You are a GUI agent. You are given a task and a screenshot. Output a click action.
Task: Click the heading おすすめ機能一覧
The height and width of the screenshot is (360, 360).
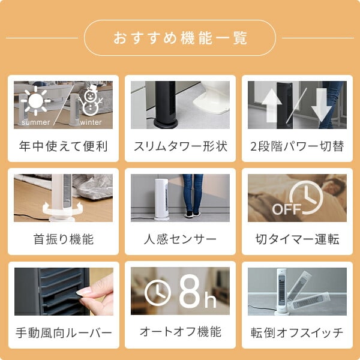tap(180, 38)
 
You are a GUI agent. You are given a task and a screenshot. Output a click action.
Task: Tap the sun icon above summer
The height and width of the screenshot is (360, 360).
tap(35, 101)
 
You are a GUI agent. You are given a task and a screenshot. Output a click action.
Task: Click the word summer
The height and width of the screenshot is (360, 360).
tap(35, 122)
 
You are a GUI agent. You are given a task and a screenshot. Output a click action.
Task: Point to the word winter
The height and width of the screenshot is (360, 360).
tap(91, 122)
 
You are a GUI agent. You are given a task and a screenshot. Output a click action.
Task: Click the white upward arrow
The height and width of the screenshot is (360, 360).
tap(272, 106)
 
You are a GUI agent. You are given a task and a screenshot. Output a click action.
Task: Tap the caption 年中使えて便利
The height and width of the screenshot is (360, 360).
tap(64, 146)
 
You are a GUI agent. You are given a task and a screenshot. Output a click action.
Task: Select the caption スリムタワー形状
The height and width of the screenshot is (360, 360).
tap(181, 146)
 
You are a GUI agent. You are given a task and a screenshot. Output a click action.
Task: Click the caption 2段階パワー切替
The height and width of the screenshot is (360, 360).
tap(297, 146)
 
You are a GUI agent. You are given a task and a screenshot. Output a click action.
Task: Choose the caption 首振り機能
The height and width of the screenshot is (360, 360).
tap(64, 239)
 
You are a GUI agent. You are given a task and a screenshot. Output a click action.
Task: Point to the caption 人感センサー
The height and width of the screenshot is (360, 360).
tap(180, 239)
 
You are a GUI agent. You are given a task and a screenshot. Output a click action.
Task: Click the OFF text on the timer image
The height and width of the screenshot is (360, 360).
tap(286, 209)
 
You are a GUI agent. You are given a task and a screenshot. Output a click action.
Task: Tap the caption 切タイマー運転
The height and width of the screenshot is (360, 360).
tap(298, 239)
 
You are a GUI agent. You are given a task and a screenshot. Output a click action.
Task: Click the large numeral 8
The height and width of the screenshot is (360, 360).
tap(190, 291)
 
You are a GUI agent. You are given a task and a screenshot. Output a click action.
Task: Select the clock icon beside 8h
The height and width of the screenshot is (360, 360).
tap(158, 293)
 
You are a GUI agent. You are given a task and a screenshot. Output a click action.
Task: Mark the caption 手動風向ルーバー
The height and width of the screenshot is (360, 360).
tap(64, 332)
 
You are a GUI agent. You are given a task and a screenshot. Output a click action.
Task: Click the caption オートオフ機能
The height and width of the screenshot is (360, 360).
tap(181, 332)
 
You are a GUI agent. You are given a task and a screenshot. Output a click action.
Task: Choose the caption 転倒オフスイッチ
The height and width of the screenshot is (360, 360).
tap(297, 332)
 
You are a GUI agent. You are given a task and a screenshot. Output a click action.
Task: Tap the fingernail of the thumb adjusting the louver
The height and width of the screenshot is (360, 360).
tap(83, 292)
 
